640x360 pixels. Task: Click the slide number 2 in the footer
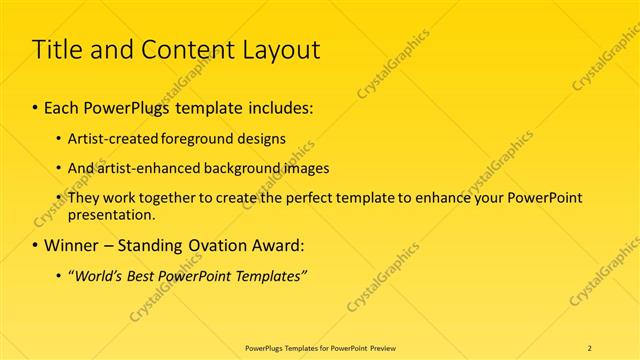click(x=590, y=347)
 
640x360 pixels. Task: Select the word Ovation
click(x=216, y=245)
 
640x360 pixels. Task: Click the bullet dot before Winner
click(x=37, y=246)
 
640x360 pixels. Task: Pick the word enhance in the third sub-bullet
click(x=430, y=198)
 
